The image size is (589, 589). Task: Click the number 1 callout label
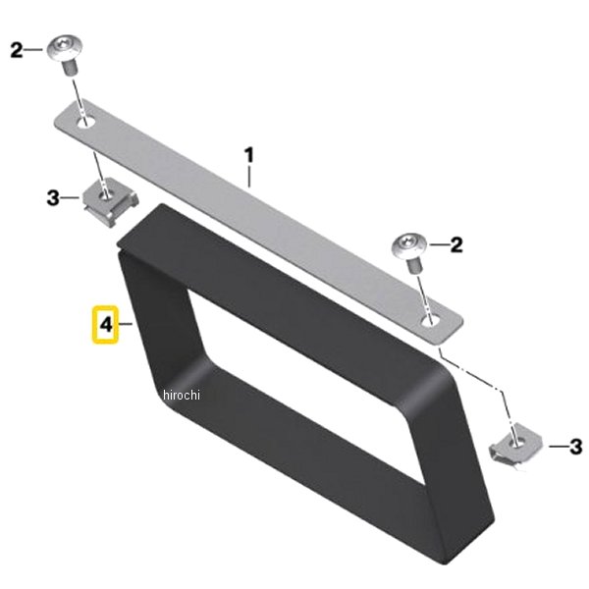click(249, 155)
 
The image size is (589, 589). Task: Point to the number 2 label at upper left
click(17, 50)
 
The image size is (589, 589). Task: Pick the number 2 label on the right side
click(456, 244)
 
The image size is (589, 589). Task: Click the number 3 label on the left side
click(53, 198)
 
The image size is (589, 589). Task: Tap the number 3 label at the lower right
click(575, 447)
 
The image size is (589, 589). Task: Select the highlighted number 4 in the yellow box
click(106, 325)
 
